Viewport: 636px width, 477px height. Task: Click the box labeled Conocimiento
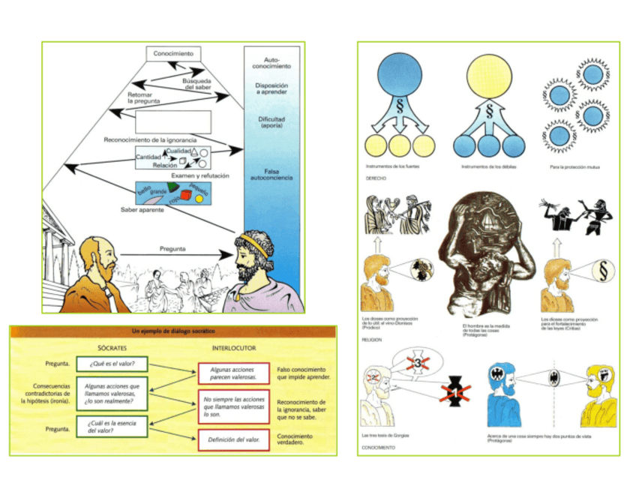[x=173, y=54]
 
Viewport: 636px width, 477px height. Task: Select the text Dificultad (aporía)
[x=271, y=120]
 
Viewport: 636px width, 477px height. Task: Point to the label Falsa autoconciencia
[x=271, y=174]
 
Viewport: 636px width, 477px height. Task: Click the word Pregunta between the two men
[x=173, y=248]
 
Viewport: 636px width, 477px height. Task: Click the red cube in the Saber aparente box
[x=185, y=196]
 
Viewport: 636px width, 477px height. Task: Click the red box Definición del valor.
[x=234, y=439]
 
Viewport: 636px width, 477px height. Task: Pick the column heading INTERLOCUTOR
[x=234, y=348]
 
